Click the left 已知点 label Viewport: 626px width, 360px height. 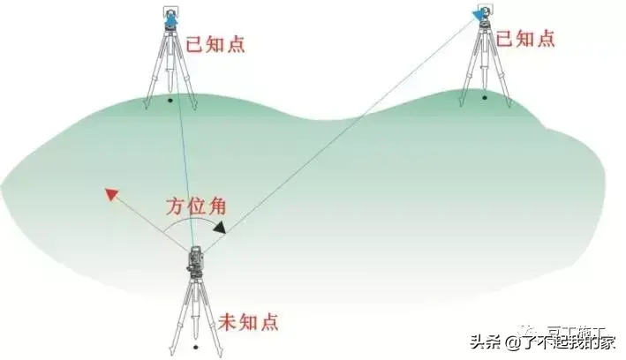point(215,43)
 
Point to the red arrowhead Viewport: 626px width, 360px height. point(111,194)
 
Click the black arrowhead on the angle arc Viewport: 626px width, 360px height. point(219,228)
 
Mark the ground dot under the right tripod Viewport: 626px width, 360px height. point(484,97)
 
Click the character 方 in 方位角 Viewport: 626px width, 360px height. point(175,208)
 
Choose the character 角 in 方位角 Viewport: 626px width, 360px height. point(217,208)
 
